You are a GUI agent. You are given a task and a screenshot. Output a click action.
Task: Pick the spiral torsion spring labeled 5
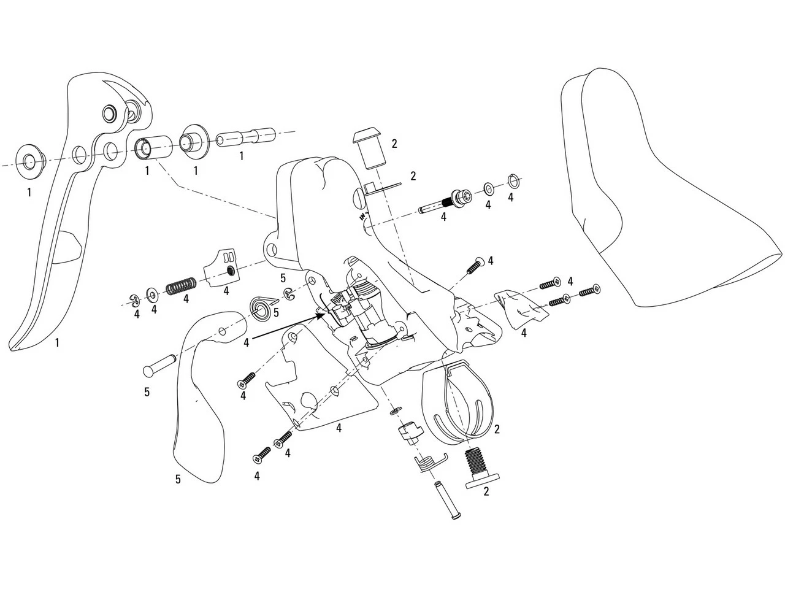261,306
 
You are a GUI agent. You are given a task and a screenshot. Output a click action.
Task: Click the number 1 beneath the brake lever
57,343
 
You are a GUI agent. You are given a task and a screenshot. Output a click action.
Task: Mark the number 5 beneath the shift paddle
178,479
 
